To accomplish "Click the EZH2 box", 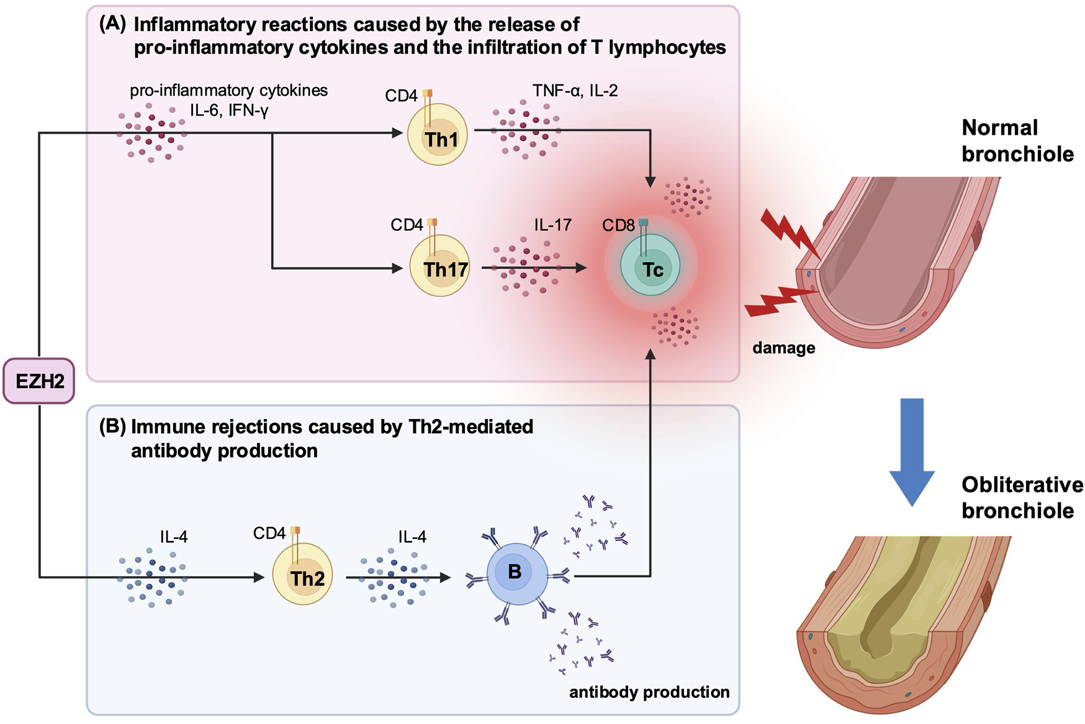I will point(39,381).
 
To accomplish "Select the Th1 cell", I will point(437,135).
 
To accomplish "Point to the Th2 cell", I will point(303,576).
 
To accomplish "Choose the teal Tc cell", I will point(651,266).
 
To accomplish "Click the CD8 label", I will point(618,225).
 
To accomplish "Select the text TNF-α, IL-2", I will point(575,91).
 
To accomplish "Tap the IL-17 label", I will point(552,225).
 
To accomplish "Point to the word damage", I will point(783,348).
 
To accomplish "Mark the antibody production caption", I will point(649,692).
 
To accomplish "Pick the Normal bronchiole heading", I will point(1017,140).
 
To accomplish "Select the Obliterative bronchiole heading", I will point(1022,497).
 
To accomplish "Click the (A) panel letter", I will point(112,24).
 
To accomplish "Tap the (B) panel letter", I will point(112,427).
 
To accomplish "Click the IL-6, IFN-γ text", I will point(229,111).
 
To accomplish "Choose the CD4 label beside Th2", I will point(269,533).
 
